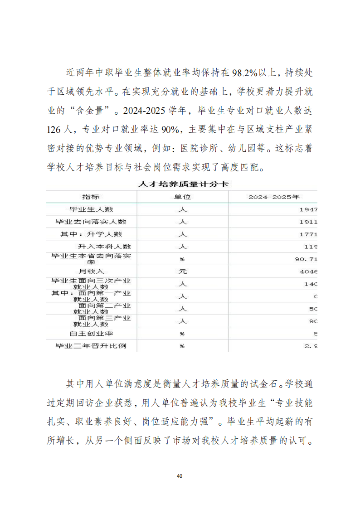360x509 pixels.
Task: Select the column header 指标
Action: tap(91, 197)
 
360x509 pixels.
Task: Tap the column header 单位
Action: tap(182, 197)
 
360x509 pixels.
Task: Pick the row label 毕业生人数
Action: tap(91, 209)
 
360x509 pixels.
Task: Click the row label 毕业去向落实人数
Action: tap(91, 222)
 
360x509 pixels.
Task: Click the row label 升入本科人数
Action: tap(104, 247)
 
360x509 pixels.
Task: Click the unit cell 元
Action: tap(182, 271)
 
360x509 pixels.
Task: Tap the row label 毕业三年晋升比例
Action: tap(91, 346)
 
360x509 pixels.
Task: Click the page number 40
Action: tap(180, 476)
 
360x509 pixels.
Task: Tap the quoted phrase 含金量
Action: tap(91, 111)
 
